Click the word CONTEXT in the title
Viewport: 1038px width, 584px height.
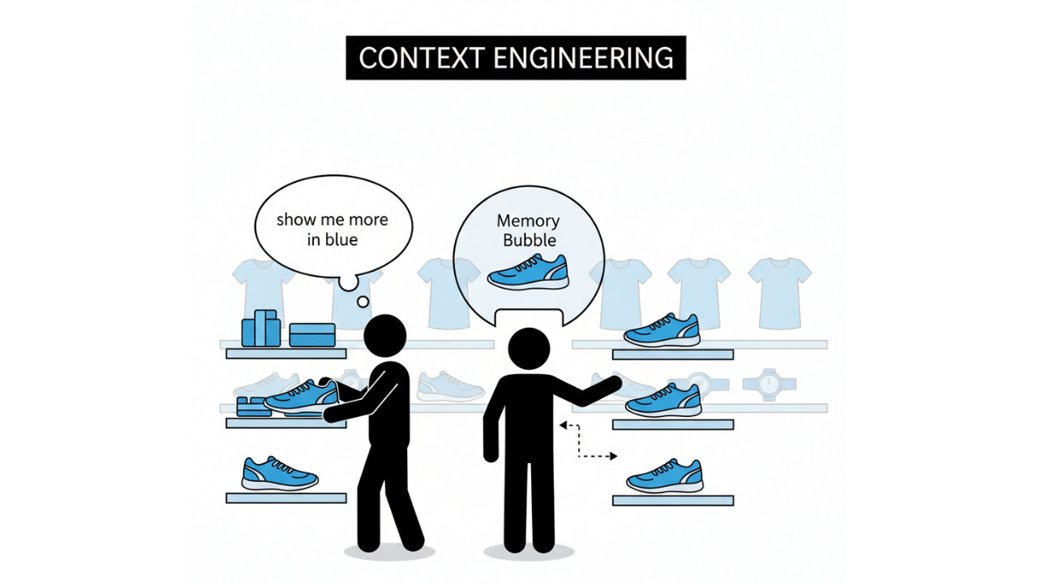412,58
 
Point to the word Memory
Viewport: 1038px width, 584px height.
528,221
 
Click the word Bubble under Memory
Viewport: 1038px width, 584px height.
530,240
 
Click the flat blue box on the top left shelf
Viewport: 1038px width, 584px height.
312,334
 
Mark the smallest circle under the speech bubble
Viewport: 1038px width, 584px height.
362,302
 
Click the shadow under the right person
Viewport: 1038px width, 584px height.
529,552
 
